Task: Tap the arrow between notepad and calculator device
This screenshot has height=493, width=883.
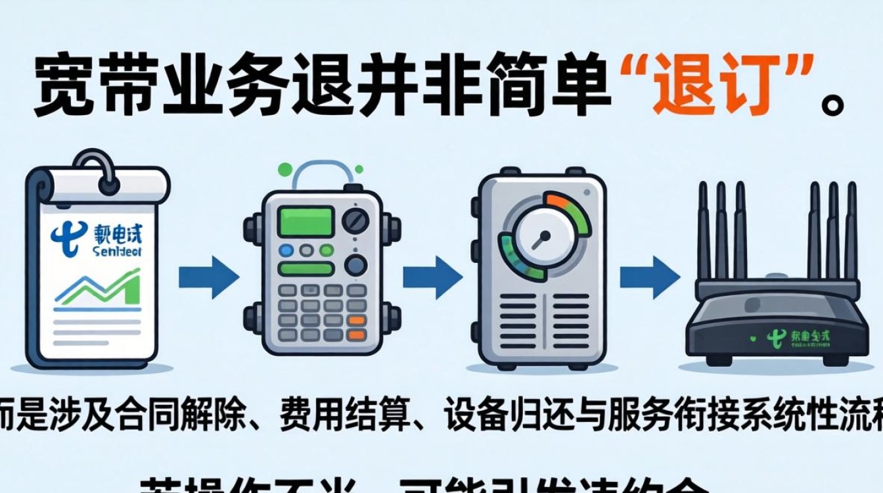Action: tap(209, 277)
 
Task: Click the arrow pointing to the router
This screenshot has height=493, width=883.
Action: tap(650, 276)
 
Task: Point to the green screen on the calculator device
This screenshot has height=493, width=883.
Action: tap(306, 222)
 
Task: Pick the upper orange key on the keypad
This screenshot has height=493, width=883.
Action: tap(356, 321)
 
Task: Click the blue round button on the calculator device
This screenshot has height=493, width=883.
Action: tap(286, 250)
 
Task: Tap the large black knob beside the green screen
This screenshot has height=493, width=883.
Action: tap(355, 219)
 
